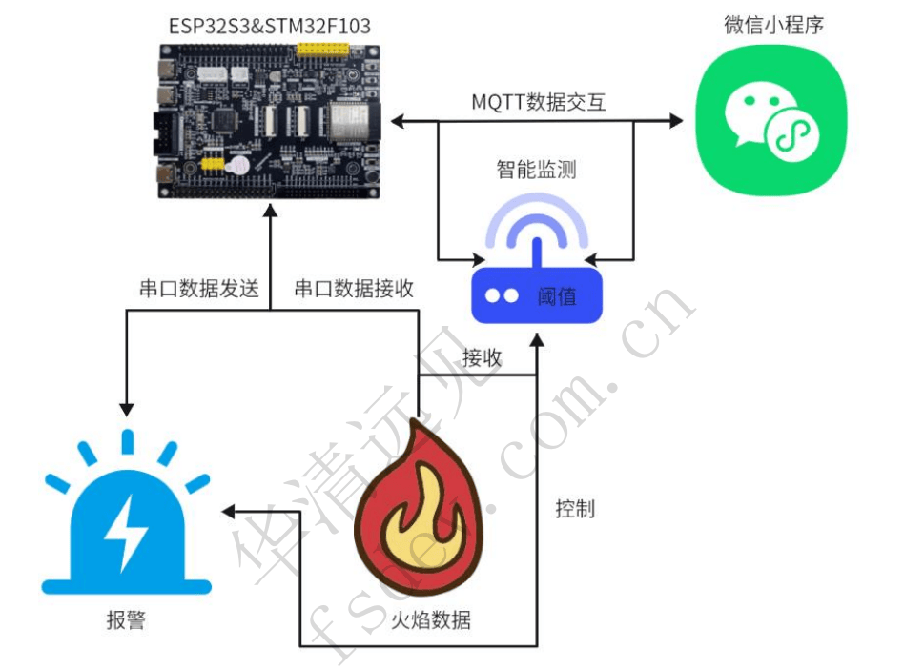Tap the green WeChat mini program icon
tap(770, 120)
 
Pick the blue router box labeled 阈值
tap(537, 295)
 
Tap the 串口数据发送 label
tap(198, 290)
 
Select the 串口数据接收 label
tap(354, 290)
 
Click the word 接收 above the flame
tap(483, 359)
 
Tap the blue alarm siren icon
tap(126, 523)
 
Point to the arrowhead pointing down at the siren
tap(126, 405)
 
